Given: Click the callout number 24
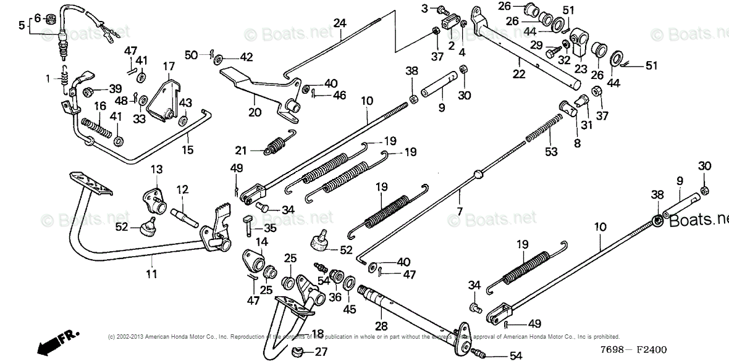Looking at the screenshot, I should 340,23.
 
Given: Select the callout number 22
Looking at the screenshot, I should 519,75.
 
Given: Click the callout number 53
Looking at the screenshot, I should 551,152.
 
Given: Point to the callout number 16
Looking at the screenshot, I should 100,106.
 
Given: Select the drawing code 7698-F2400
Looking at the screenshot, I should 636,350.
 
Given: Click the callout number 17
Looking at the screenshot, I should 169,66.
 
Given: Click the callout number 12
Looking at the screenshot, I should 182,189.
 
